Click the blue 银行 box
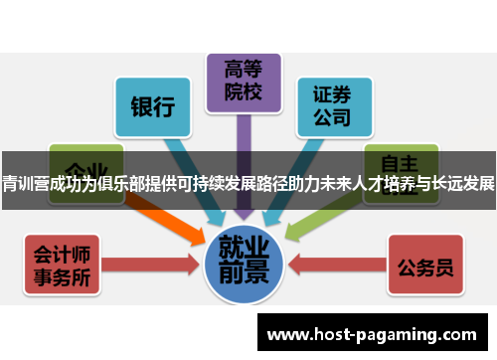click(x=153, y=105)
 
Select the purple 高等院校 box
click(x=243, y=81)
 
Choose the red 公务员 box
click(x=426, y=266)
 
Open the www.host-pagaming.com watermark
click(x=373, y=330)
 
